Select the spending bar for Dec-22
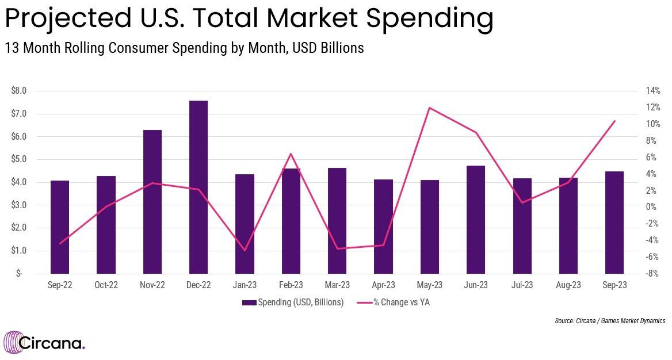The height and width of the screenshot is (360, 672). (x=198, y=187)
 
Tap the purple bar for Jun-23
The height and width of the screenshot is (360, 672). (x=476, y=219)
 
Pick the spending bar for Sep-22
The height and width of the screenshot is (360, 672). (x=60, y=227)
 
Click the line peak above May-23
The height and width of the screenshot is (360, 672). (x=429, y=108)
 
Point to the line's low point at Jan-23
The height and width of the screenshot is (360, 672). (x=245, y=250)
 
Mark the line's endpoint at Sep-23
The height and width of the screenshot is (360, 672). (x=614, y=121)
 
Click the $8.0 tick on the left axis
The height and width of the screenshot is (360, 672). (x=18, y=91)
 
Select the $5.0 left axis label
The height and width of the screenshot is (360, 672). (x=18, y=159)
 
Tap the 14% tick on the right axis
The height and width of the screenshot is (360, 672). (x=652, y=91)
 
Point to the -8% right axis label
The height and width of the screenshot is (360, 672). (x=652, y=274)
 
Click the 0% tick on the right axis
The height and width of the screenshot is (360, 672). (x=652, y=207)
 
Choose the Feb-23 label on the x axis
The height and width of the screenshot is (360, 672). (x=291, y=285)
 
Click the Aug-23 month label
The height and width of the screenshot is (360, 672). (x=568, y=285)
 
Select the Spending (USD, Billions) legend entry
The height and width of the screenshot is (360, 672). (x=293, y=302)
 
